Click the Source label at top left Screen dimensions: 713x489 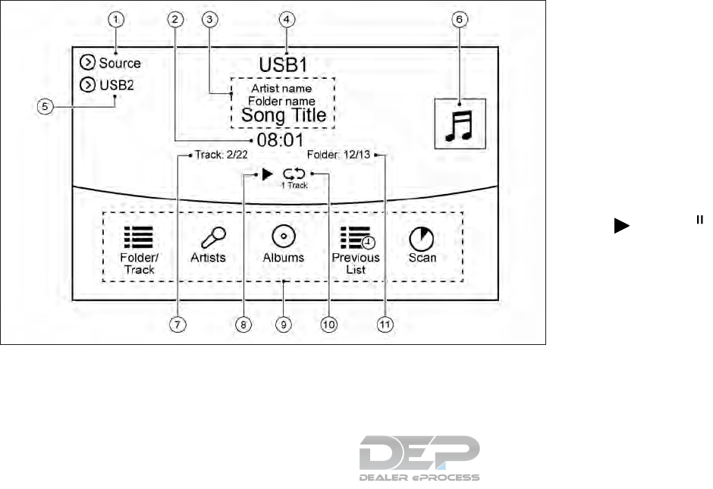[119, 63]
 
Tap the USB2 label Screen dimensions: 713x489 [116, 84]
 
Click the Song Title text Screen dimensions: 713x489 [284, 115]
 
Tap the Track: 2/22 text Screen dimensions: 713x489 [216, 157]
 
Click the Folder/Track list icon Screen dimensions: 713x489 [137, 236]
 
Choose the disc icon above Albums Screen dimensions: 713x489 [283, 236]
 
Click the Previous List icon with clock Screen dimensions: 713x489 [356, 237]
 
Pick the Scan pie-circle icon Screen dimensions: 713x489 [422, 237]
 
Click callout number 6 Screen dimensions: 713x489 [458, 21]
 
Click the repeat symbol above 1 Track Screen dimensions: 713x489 [293, 174]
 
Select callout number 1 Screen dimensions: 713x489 [115, 21]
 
